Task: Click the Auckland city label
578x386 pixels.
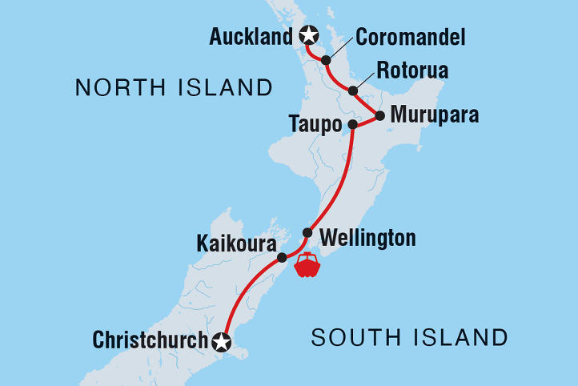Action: coord(251,36)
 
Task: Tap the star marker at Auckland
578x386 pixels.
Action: coord(308,35)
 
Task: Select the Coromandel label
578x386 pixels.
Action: coord(411,37)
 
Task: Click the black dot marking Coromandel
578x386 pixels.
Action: coord(326,60)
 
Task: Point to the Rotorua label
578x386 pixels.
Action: coord(414,70)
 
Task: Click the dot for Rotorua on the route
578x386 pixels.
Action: coord(353,90)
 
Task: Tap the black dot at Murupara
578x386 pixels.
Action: coord(380,115)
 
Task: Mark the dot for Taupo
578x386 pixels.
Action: coord(352,124)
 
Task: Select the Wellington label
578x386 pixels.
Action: coord(367,238)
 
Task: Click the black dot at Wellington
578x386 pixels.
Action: coord(307,233)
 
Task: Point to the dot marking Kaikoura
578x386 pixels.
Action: coord(282,258)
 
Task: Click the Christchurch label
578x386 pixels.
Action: coord(150,340)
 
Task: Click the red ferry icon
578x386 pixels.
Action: coord(307,265)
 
